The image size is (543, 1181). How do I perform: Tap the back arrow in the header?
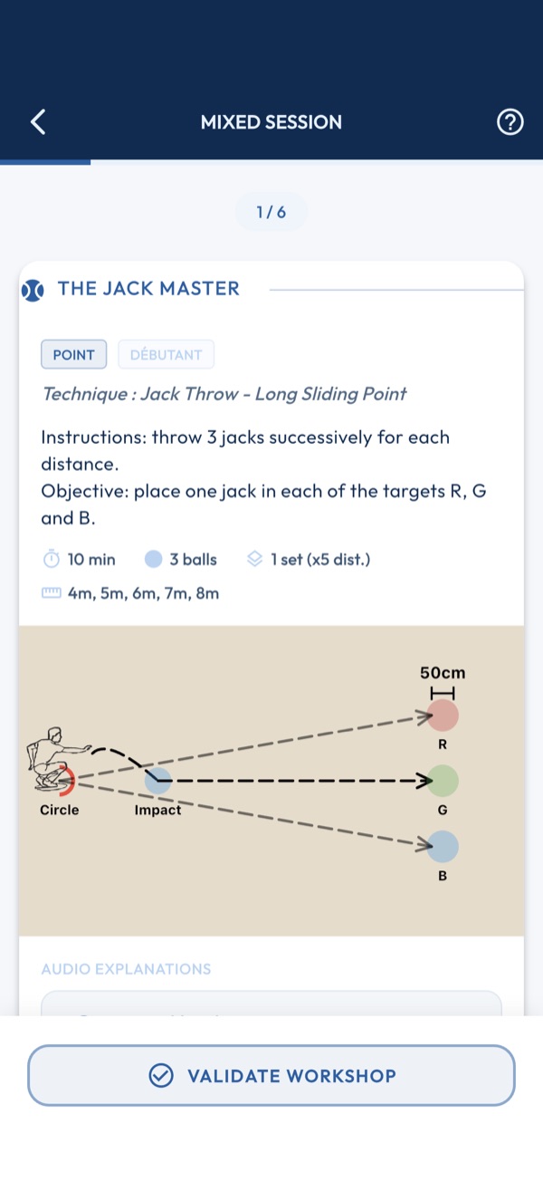[x=38, y=121]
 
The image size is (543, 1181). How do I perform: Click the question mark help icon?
[x=510, y=121]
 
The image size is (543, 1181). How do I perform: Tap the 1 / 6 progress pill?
[x=271, y=212]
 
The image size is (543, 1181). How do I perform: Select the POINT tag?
[x=73, y=354]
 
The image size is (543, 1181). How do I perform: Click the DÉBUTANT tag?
[x=166, y=354]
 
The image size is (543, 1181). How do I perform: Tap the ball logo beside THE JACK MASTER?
[x=33, y=290]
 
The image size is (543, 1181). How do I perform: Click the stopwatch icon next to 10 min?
[x=51, y=559]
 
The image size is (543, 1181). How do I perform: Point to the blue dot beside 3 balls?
[x=153, y=559]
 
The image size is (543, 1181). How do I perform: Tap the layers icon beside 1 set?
[x=254, y=559]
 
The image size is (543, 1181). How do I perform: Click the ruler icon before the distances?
[x=51, y=593]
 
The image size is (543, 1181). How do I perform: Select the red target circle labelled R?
[x=443, y=715]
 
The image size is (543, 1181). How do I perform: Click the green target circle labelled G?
[x=443, y=781]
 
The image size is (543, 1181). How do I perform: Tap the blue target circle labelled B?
[x=443, y=847]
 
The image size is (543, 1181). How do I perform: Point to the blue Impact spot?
[x=158, y=781]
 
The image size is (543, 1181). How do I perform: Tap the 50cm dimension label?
[x=443, y=673]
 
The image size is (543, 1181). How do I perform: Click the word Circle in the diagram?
[x=60, y=810]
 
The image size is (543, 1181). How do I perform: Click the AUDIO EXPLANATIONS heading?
[x=126, y=969]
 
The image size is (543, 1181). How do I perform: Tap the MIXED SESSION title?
[x=271, y=122]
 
